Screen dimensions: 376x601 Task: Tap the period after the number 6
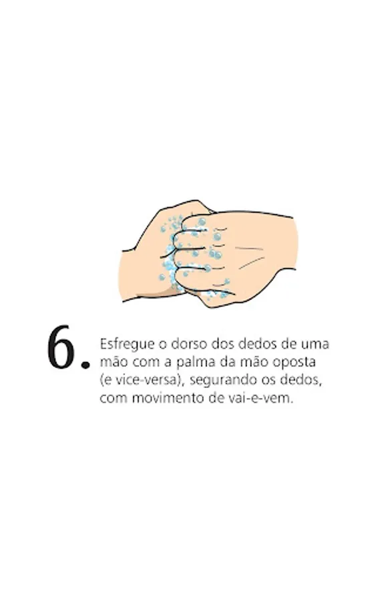85,365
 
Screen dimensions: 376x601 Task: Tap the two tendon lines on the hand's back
249,256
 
